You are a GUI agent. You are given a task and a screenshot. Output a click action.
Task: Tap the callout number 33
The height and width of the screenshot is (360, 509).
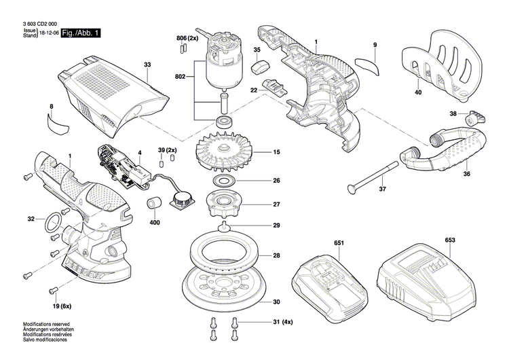tap(147, 65)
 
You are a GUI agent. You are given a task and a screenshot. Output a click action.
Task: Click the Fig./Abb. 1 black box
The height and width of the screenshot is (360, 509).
tap(81, 33)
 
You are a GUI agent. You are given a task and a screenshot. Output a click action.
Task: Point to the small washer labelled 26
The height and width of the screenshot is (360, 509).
tap(223, 181)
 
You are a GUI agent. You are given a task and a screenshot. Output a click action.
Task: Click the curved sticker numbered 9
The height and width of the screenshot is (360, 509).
tap(369, 65)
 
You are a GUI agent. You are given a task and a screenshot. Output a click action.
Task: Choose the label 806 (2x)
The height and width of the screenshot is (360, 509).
tap(187, 38)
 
